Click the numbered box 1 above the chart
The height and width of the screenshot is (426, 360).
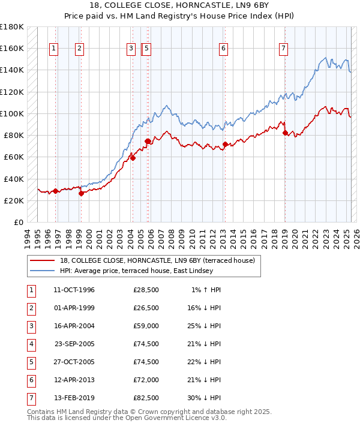54,49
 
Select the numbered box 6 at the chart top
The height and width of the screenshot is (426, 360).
223,49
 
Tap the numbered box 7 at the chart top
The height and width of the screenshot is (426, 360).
283,49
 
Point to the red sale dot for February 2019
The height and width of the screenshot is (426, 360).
285,133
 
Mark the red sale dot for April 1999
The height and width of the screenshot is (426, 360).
81,193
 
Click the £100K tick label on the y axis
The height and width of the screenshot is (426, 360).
12,113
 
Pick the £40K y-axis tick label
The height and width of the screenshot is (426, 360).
14,179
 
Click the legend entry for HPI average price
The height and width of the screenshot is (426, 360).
136,271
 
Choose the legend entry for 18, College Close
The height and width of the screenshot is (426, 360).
157,260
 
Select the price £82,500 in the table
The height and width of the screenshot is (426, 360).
146,398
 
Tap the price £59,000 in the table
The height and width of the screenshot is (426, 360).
146,326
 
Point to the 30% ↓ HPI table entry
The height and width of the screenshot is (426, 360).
203,398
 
